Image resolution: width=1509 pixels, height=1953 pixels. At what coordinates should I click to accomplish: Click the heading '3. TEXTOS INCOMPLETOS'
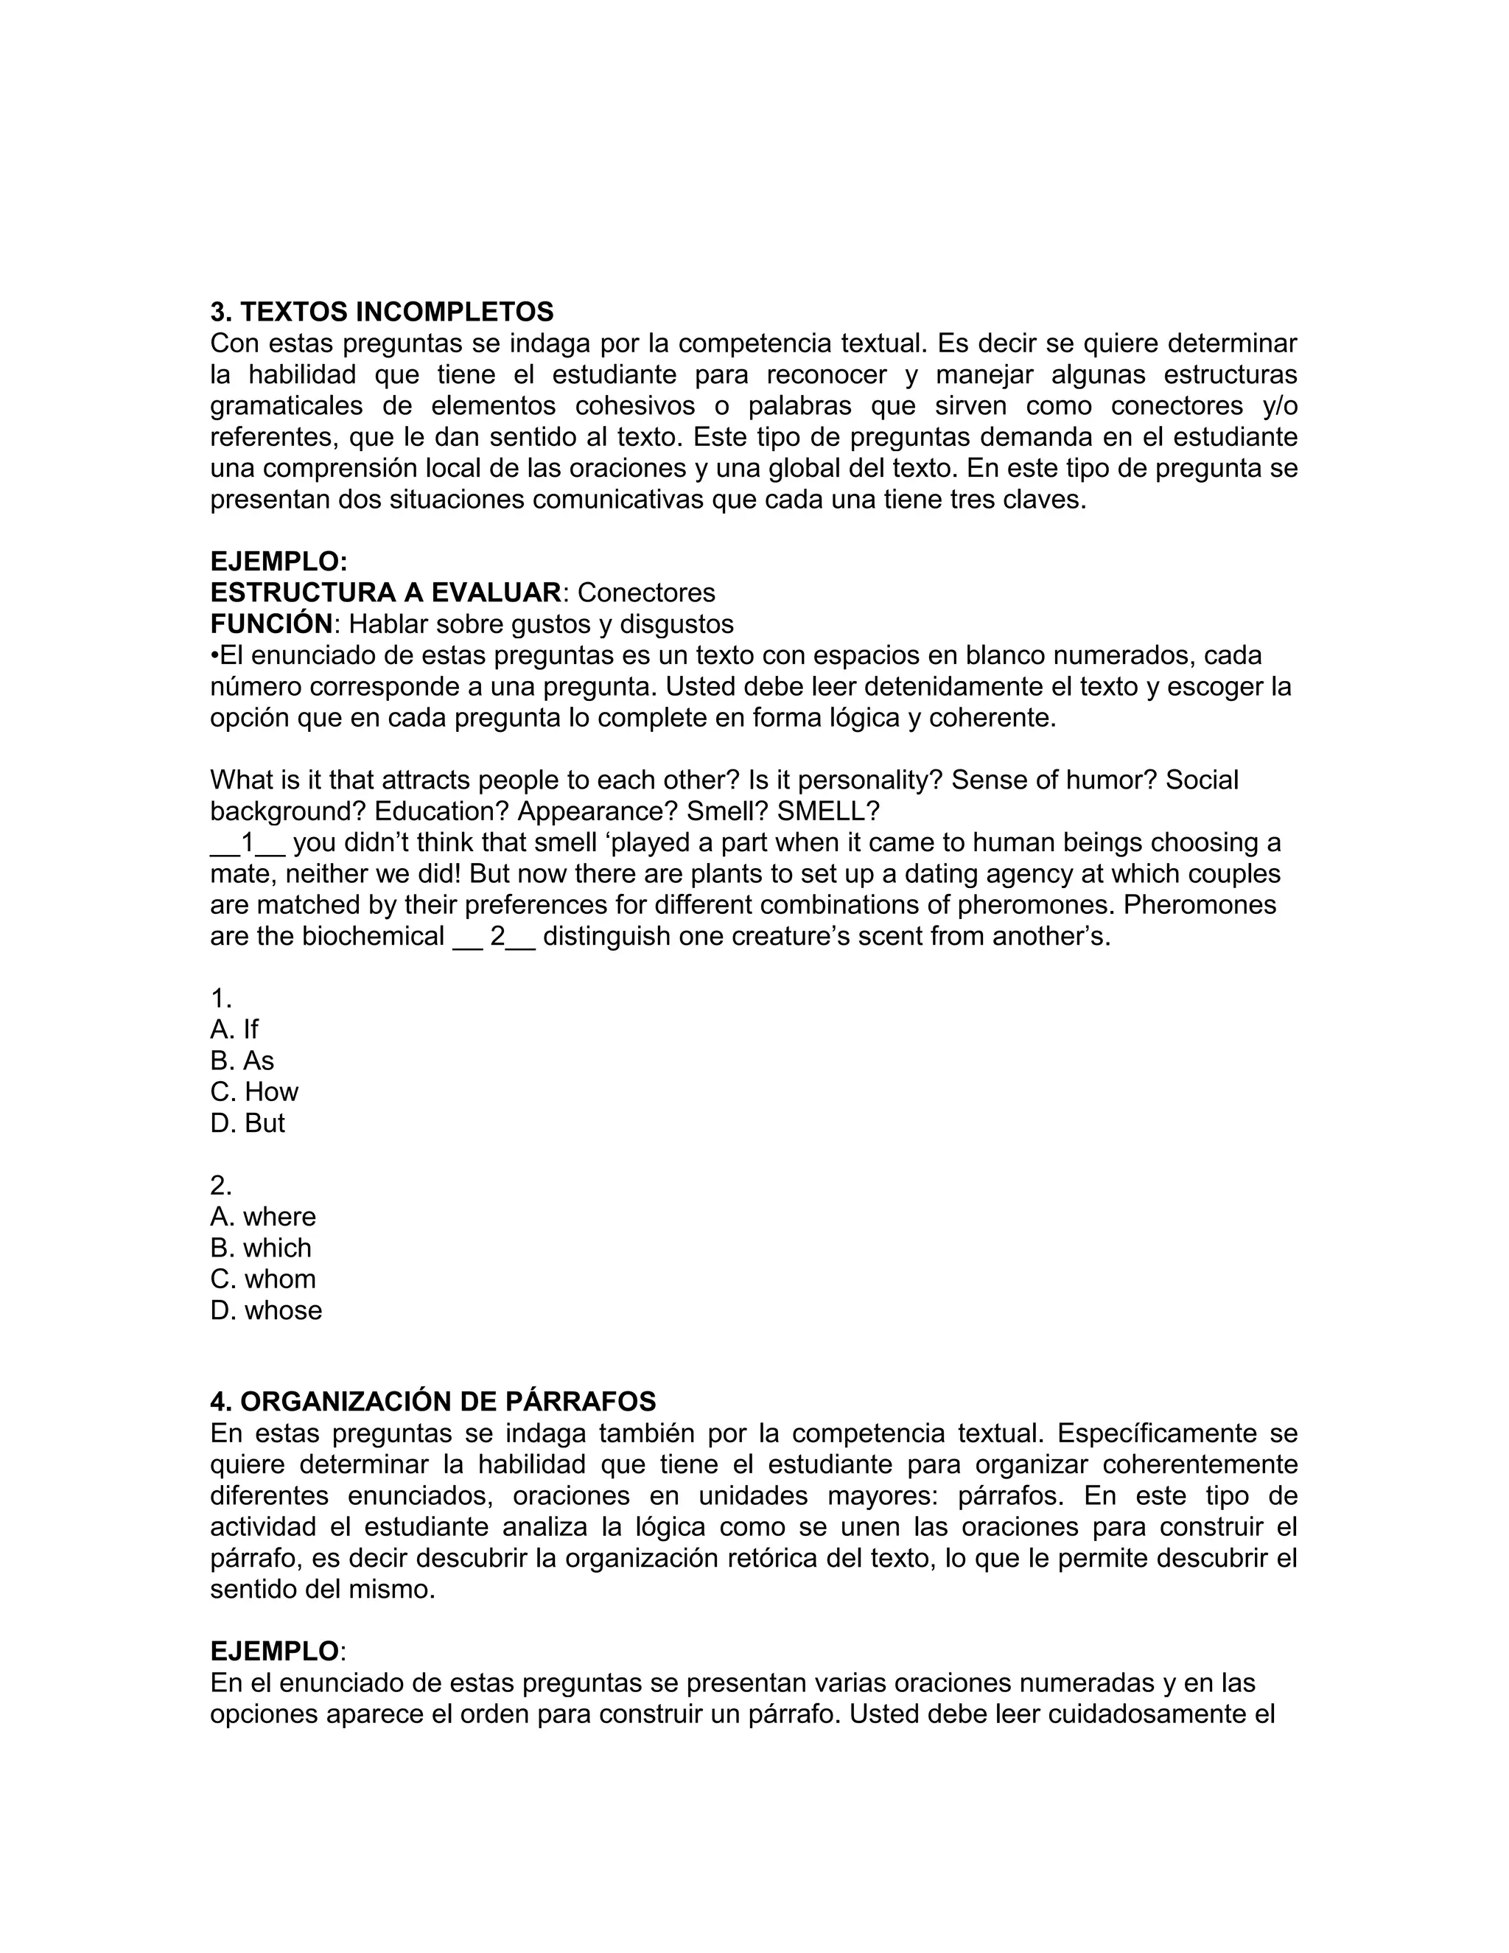(382, 312)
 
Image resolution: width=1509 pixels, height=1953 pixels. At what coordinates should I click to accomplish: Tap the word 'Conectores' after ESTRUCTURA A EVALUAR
(646, 593)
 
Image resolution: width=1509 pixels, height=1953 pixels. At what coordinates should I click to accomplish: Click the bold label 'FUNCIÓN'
(270, 624)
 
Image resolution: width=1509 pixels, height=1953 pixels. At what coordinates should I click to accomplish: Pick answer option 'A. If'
(234, 1030)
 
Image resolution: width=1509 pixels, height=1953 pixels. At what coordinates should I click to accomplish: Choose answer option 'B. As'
(242, 1061)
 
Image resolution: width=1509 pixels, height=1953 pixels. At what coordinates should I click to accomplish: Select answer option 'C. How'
(254, 1092)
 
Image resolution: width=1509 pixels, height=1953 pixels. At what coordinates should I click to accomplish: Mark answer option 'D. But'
(248, 1123)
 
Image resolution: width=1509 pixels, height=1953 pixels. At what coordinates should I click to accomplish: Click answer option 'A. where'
(263, 1217)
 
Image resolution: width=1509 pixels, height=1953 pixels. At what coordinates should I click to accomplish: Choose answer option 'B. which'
(261, 1248)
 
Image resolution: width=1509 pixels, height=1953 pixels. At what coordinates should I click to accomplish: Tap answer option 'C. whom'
(263, 1279)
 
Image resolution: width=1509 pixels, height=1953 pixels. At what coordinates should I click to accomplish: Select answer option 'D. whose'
(265, 1311)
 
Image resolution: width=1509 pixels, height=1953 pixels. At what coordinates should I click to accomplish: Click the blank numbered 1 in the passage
(248, 843)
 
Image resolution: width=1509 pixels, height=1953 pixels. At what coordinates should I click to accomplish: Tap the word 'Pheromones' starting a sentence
(1199, 905)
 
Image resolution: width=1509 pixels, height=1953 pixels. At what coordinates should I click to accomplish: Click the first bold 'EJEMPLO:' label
(278, 562)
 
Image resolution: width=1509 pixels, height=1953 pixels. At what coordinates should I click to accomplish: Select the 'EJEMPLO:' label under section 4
(276, 1651)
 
